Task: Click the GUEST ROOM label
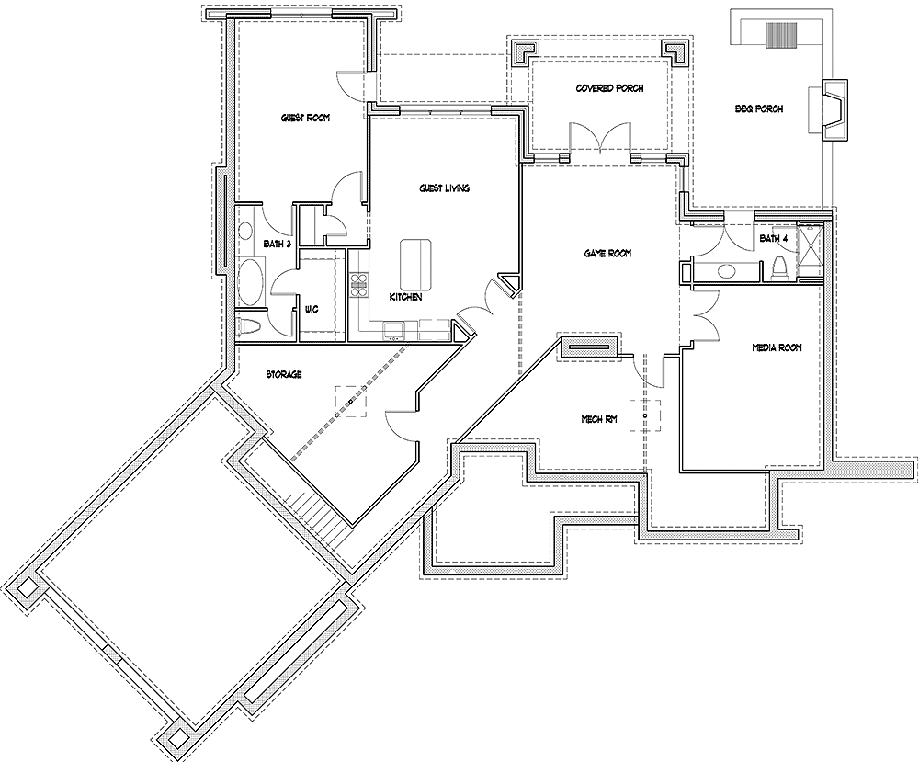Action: (x=305, y=119)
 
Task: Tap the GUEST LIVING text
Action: (x=445, y=188)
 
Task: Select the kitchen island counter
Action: (x=416, y=263)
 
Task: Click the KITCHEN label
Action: (x=405, y=298)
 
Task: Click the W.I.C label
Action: (x=312, y=310)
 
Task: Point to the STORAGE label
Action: (x=284, y=375)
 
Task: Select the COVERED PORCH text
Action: (x=609, y=88)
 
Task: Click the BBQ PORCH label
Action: (x=759, y=108)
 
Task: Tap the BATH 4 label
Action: (x=774, y=239)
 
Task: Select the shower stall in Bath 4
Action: (x=810, y=250)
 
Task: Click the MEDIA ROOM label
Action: (x=777, y=347)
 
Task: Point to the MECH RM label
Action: (x=597, y=419)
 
